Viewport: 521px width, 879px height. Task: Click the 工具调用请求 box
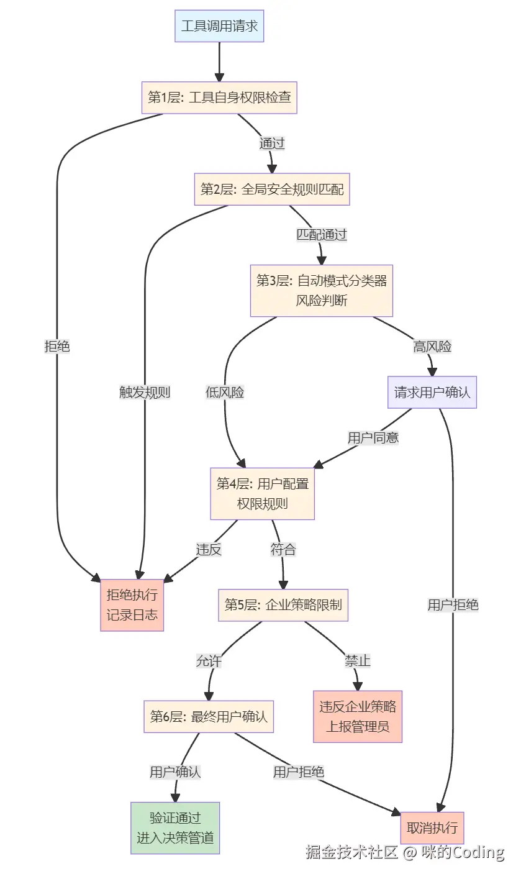click(x=219, y=26)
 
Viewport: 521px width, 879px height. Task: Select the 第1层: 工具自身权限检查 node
click(x=219, y=98)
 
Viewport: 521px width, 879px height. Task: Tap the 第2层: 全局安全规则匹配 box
click(x=272, y=189)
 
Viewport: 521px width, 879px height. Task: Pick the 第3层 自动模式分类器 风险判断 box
click(x=322, y=290)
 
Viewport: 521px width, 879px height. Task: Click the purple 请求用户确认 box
click(x=432, y=392)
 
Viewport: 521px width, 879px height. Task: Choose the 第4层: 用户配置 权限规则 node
click(x=262, y=493)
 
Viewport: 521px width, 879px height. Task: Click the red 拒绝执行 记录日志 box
click(x=132, y=605)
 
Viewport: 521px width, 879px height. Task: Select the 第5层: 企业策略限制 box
click(x=283, y=605)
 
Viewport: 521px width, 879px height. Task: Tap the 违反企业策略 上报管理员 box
click(x=358, y=716)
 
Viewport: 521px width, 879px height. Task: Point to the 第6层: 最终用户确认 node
click(x=209, y=716)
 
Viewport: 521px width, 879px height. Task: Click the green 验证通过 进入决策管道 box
click(x=175, y=827)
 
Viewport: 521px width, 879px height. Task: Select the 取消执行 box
click(x=432, y=827)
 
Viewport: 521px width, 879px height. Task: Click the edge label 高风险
click(x=432, y=347)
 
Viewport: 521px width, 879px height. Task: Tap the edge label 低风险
click(x=225, y=392)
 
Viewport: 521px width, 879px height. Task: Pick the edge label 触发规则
click(x=145, y=392)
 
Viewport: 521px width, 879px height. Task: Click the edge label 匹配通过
click(x=321, y=235)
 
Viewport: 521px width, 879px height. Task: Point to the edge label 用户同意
click(x=373, y=437)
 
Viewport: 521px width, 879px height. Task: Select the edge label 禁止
click(x=358, y=661)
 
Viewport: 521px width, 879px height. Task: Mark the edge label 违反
click(x=209, y=549)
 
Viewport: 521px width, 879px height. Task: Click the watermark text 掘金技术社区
click(x=351, y=852)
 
